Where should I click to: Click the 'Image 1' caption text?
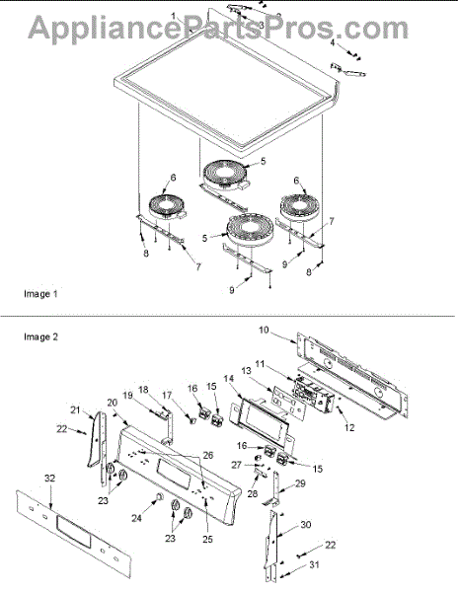(x=40, y=294)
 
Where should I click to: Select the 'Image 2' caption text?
(x=40, y=336)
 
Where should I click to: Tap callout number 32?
(x=49, y=479)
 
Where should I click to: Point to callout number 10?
(x=264, y=330)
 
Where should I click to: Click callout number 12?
(x=349, y=428)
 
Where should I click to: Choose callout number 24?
(x=136, y=518)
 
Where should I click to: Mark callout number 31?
(x=314, y=564)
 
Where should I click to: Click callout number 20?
(x=113, y=403)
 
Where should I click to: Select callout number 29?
(x=300, y=483)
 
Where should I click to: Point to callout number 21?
(x=76, y=409)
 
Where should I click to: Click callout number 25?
(x=207, y=539)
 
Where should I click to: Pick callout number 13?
(x=246, y=371)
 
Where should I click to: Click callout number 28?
(x=253, y=493)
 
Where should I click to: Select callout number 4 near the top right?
(x=333, y=42)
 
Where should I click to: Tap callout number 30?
(x=306, y=525)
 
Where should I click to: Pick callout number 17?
(x=167, y=396)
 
